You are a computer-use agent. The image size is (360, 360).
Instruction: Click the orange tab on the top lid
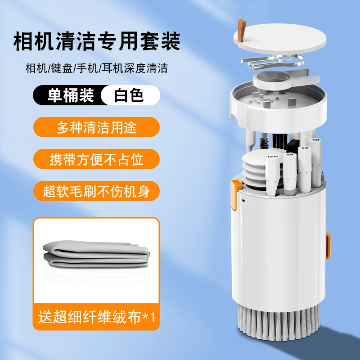(242, 30)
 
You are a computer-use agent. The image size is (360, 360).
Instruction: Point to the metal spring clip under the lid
(273, 61)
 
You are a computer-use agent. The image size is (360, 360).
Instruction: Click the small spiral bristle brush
(264, 144)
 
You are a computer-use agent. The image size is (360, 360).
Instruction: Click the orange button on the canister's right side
(328, 245)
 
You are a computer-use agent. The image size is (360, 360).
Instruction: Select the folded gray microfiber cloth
(96, 254)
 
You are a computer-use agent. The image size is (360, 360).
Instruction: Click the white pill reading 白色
(129, 95)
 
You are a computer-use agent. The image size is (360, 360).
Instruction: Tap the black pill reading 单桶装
(69, 95)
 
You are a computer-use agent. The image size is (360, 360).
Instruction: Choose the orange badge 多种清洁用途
(96, 127)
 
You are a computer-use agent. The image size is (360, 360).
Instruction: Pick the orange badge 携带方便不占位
(96, 159)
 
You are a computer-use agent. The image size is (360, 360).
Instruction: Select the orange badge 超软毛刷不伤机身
(96, 191)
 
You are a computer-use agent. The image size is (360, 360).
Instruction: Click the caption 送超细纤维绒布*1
(96, 317)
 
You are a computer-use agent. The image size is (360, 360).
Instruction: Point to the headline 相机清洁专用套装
(97, 41)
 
